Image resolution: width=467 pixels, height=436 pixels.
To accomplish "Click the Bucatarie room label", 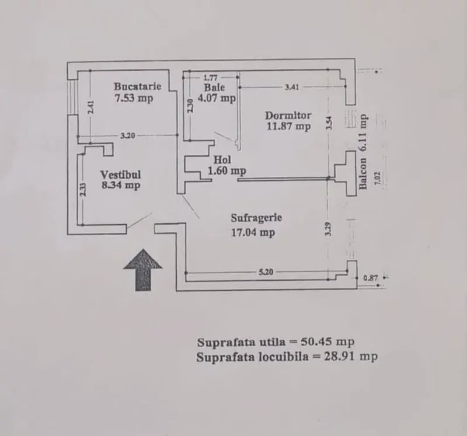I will pos(138,87).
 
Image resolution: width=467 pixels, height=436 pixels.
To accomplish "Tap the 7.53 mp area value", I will pos(134,98).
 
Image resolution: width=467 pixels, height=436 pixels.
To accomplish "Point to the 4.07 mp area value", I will pos(217,98).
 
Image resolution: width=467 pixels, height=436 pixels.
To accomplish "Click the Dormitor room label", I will pos(288,115).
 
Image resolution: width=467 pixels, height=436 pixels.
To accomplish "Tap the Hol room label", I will pos(223,159).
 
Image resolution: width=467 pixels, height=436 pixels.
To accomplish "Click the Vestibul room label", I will pos(121,175).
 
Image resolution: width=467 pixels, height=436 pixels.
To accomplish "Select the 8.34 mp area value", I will pos(120,186).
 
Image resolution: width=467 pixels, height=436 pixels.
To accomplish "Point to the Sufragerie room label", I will pos(256,218).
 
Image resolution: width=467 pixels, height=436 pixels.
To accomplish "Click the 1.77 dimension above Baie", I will pos(210,77).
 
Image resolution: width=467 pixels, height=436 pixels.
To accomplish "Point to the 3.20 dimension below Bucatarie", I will pos(128,136).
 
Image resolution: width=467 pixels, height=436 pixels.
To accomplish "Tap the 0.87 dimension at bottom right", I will pos(370,278).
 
